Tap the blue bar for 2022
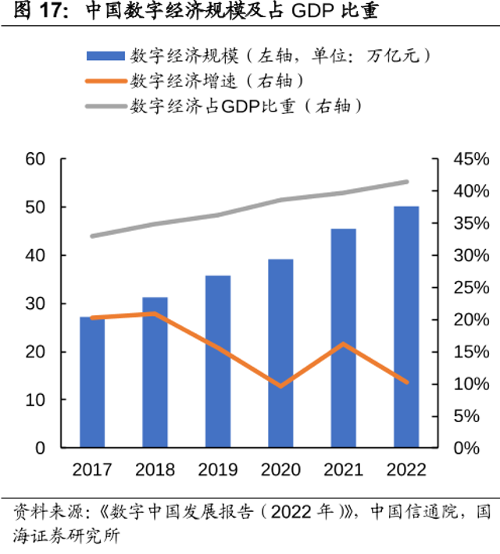click(406, 327)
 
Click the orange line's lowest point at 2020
click(280, 386)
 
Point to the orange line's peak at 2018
click(155, 314)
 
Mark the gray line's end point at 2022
click(406, 182)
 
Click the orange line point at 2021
click(344, 344)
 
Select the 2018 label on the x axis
click(155, 470)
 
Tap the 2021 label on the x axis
click(344, 470)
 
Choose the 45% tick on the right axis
click(471, 159)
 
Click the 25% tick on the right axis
click(471, 288)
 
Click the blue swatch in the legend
click(105, 55)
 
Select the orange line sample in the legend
click(105, 81)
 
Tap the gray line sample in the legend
click(105, 106)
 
